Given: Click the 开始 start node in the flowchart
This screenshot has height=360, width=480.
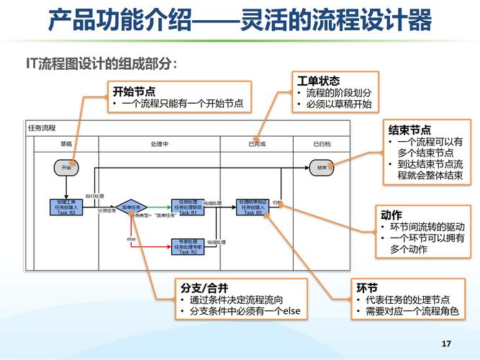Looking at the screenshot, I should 65,168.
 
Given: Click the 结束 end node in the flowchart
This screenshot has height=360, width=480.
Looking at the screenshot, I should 322,168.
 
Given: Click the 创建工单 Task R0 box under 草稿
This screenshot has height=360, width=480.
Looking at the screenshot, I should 65,207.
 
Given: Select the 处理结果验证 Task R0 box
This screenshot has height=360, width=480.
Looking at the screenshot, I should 253,207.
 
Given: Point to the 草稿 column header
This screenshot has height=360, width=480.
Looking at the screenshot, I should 65,144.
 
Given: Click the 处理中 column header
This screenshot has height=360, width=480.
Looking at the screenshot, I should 160,144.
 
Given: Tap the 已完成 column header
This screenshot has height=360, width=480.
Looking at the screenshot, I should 257,144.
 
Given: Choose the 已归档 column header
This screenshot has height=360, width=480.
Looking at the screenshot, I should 322,144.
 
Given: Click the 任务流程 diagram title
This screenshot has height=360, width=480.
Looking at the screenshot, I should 42,128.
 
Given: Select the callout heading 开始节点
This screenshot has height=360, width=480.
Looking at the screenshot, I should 135,91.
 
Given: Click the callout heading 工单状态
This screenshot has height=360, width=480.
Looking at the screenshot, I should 318,81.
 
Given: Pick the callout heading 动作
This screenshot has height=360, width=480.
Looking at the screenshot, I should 391,215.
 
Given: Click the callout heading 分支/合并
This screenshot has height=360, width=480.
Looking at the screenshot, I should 201,287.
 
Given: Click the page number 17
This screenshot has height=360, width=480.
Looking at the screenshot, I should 445,343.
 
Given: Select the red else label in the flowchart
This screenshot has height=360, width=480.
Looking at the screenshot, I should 132,238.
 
